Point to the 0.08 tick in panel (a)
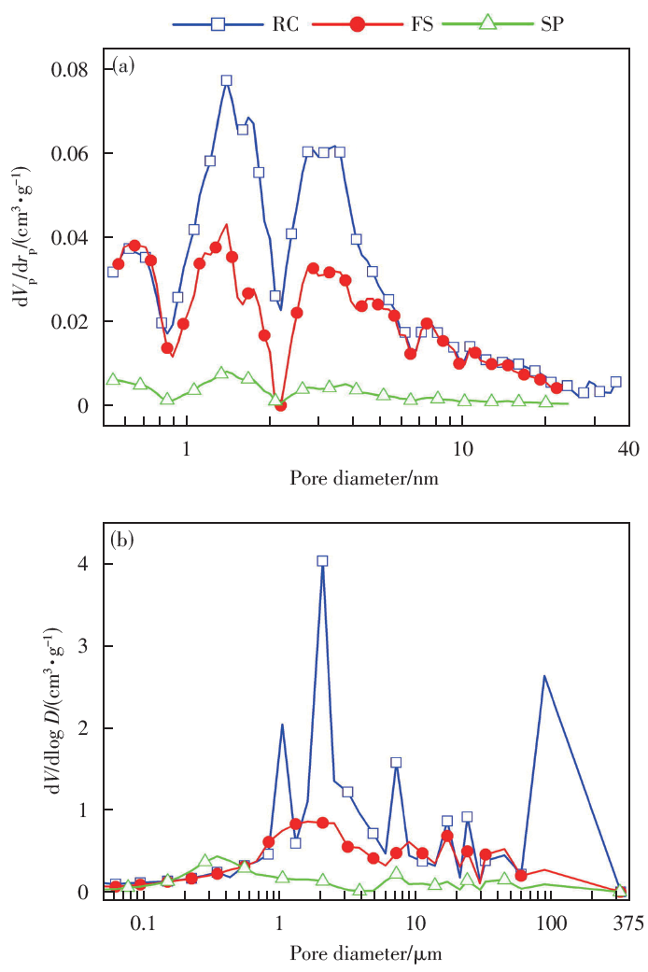pyautogui.click(x=79, y=70)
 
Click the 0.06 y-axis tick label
pyautogui.click(x=79, y=153)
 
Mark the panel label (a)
pyautogui.click(x=123, y=64)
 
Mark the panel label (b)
pyautogui.click(x=123, y=538)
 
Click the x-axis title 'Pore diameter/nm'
pyautogui.click(x=363, y=478)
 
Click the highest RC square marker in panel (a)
pyautogui.click(x=226, y=80)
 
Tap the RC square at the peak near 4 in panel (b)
pyautogui.click(x=322, y=561)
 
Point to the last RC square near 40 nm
pyautogui.click(x=615, y=382)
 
